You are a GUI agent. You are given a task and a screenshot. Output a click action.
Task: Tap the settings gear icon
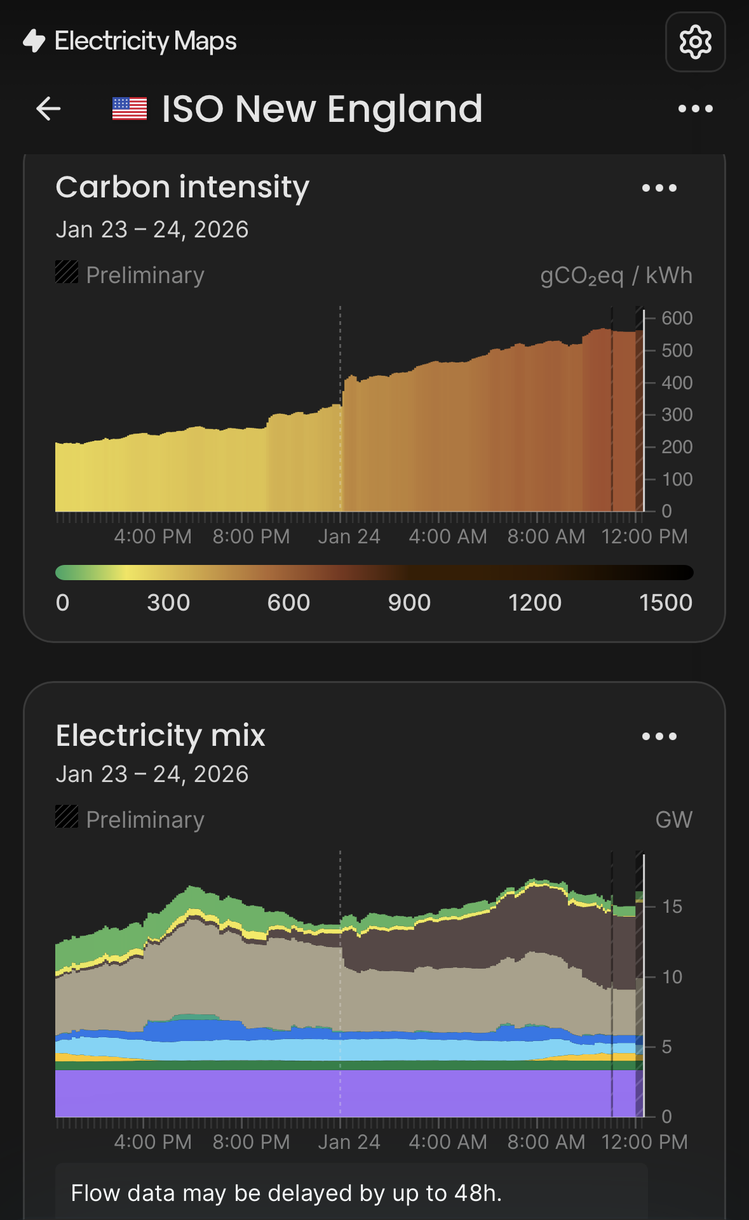click(695, 42)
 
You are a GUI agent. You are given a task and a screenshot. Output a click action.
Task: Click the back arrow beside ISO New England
click(48, 109)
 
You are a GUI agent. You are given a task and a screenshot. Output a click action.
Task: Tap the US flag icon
click(130, 109)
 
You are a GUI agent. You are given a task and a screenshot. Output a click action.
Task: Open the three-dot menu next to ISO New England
click(695, 109)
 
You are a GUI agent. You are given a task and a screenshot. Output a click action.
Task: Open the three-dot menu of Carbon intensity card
click(659, 188)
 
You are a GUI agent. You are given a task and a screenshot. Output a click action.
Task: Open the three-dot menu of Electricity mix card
click(659, 736)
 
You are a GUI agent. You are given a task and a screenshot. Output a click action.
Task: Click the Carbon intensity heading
click(182, 187)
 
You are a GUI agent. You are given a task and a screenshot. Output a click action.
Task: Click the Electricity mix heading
click(160, 736)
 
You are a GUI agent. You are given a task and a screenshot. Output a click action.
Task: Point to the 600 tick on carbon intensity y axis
click(677, 318)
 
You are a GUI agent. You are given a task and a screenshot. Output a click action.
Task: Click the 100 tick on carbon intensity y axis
click(677, 479)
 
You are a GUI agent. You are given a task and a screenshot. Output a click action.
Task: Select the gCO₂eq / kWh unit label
click(616, 275)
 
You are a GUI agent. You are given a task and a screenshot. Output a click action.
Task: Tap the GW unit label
click(673, 819)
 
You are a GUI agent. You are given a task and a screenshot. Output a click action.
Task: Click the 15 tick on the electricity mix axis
click(671, 906)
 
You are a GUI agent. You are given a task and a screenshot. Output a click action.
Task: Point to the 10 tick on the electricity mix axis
click(671, 977)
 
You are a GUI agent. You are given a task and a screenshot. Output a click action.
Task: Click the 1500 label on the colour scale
click(665, 602)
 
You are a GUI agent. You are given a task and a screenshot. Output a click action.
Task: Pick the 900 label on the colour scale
click(409, 602)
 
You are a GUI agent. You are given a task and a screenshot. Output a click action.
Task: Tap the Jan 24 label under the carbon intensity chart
click(349, 536)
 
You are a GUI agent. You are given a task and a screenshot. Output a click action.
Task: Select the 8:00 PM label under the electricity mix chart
click(251, 1142)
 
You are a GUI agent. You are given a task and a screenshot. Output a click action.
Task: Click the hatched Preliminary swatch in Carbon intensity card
click(67, 272)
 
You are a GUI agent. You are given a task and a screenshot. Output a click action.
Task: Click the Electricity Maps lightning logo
click(34, 41)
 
